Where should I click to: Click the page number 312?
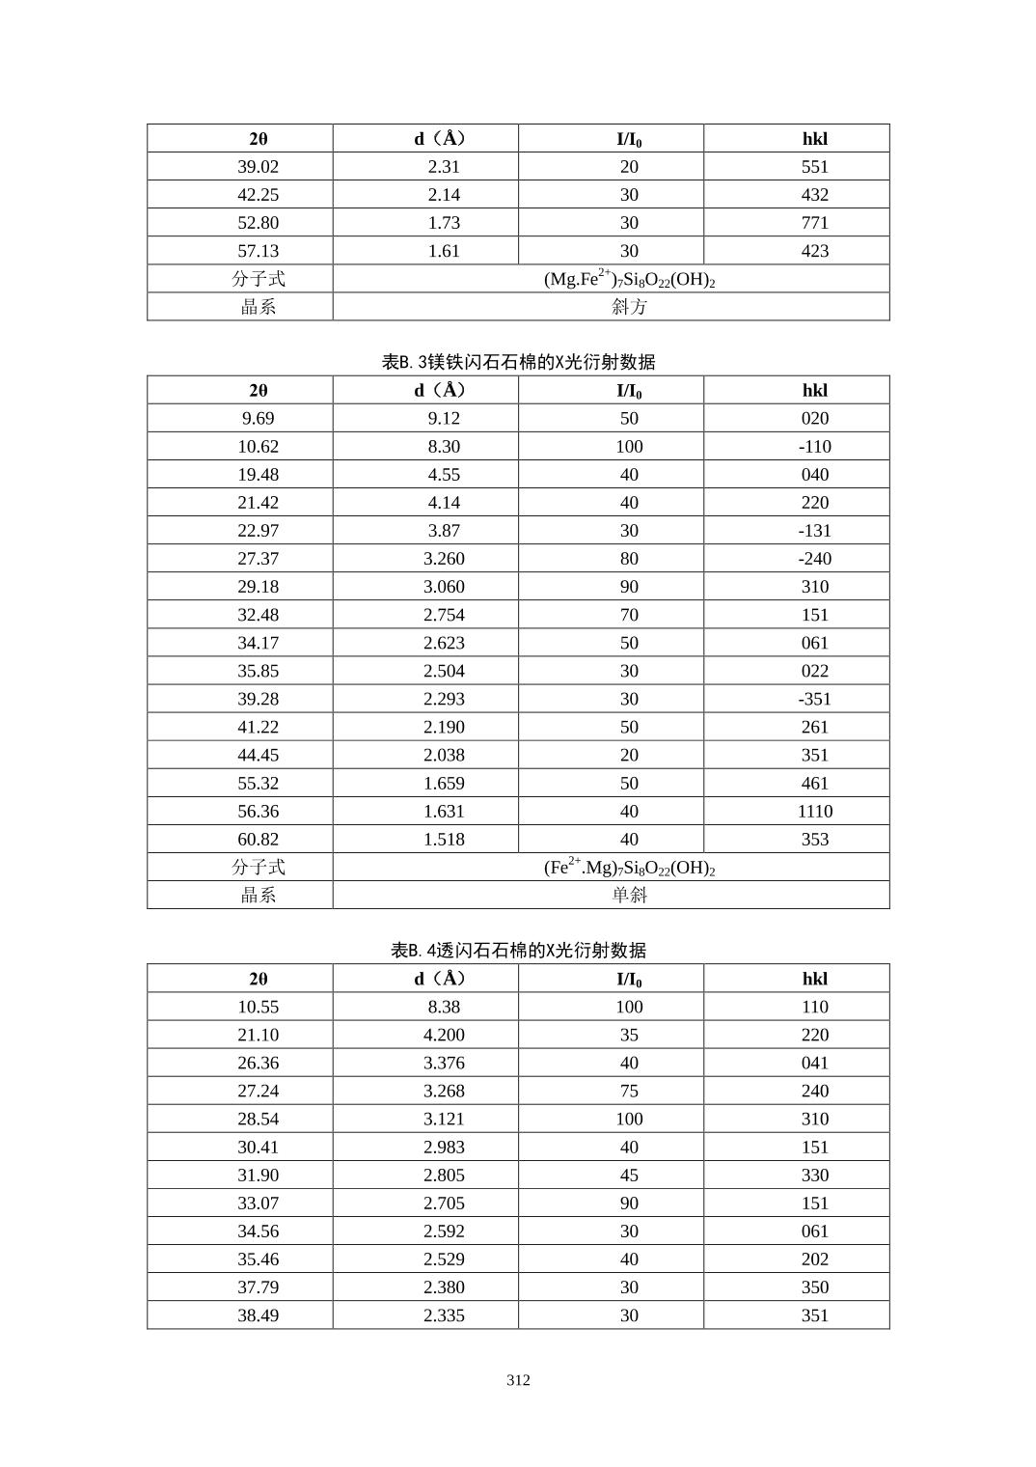[x=518, y=1380]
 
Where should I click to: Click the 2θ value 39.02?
[x=258, y=167]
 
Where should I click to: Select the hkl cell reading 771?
[x=814, y=223]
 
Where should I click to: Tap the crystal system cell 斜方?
[x=629, y=307]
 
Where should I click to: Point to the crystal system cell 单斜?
[x=629, y=895]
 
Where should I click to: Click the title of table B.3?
[x=518, y=362]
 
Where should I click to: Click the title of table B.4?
[x=518, y=950]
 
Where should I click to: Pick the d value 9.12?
[x=444, y=419]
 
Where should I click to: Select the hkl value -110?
[x=814, y=447]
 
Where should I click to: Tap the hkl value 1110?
[x=814, y=812]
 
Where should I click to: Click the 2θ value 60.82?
[x=258, y=840]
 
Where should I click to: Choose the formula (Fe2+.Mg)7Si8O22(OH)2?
[x=629, y=867]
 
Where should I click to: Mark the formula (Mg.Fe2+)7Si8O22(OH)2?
[x=629, y=279]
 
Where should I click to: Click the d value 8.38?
[x=444, y=1007]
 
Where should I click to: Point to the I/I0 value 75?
[x=629, y=1091]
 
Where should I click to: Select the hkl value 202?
[x=814, y=1259]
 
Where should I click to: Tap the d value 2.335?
[x=444, y=1315]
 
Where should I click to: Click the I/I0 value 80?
[x=629, y=559]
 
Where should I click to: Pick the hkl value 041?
[x=814, y=1063]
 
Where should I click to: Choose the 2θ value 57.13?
[x=258, y=251]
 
